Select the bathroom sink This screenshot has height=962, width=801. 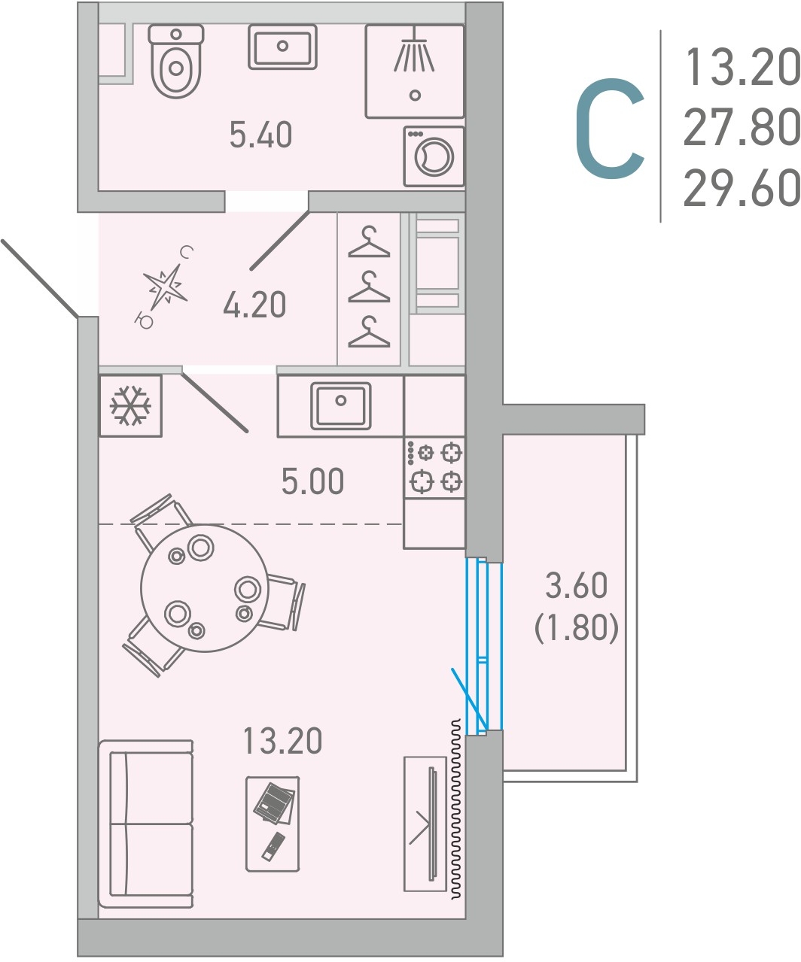[x=282, y=47]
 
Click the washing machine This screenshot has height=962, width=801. [x=434, y=156]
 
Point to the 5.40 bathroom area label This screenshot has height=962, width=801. [x=260, y=135]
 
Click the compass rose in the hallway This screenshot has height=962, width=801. [x=165, y=288]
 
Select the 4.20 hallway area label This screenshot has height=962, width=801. [x=254, y=305]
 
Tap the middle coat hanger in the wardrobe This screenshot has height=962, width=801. [x=369, y=287]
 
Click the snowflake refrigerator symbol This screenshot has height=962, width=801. [x=130, y=405]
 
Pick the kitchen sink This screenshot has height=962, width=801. [x=341, y=405]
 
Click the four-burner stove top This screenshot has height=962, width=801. [x=434, y=467]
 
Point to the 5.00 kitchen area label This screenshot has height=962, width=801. [x=312, y=481]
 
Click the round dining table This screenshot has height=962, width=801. [x=205, y=588]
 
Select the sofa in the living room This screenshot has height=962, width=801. [x=146, y=824]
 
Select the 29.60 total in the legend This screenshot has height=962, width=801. [x=742, y=187]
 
